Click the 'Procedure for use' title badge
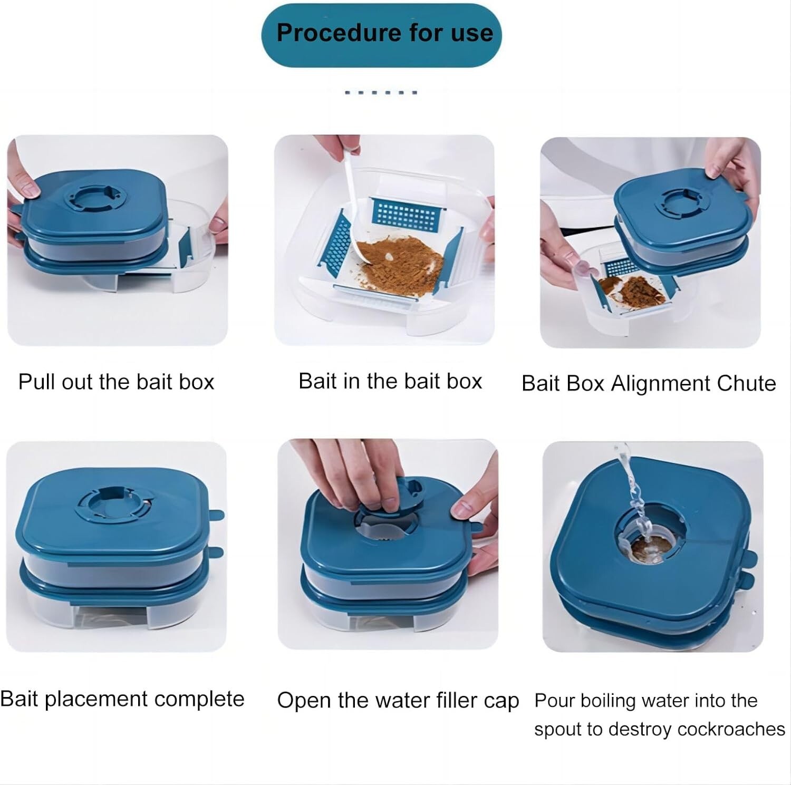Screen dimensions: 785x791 (381, 35)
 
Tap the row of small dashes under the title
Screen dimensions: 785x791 (381, 92)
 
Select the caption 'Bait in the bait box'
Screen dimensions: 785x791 (390, 381)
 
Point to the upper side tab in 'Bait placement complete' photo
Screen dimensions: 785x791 (217, 515)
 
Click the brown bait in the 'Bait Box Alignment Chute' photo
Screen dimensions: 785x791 (635, 289)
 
